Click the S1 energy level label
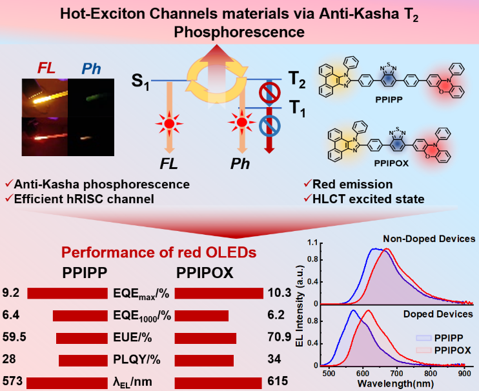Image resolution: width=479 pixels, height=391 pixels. (x=141, y=82)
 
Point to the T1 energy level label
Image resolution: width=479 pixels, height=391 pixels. (x=297, y=108)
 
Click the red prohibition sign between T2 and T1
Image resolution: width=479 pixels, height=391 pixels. (x=270, y=92)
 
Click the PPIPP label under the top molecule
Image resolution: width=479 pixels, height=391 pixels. (x=389, y=100)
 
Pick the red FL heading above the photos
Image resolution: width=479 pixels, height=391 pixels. (x=46, y=68)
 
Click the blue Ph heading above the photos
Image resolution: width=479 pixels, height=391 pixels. (x=91, y=68)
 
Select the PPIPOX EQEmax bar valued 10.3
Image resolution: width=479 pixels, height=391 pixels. (x=219, y=294)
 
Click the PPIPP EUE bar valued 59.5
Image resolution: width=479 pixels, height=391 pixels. (x=82, y=339)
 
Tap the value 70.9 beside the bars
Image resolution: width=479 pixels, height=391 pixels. (x=280, y=337)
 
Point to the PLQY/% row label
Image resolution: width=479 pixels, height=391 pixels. (x=137, y=359)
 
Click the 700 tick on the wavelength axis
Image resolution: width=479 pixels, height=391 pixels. (x=396, y=374)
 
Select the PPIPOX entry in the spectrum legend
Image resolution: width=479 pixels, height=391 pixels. (x=443, y=350)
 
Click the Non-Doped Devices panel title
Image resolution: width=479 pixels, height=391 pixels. (x=429, y=238)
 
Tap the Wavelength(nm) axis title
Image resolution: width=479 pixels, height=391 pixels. (x=396, y=383)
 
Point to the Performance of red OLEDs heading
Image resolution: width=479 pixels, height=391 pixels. (x=159, y=252)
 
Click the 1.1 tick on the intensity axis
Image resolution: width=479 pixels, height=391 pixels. (x=312, y=243)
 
